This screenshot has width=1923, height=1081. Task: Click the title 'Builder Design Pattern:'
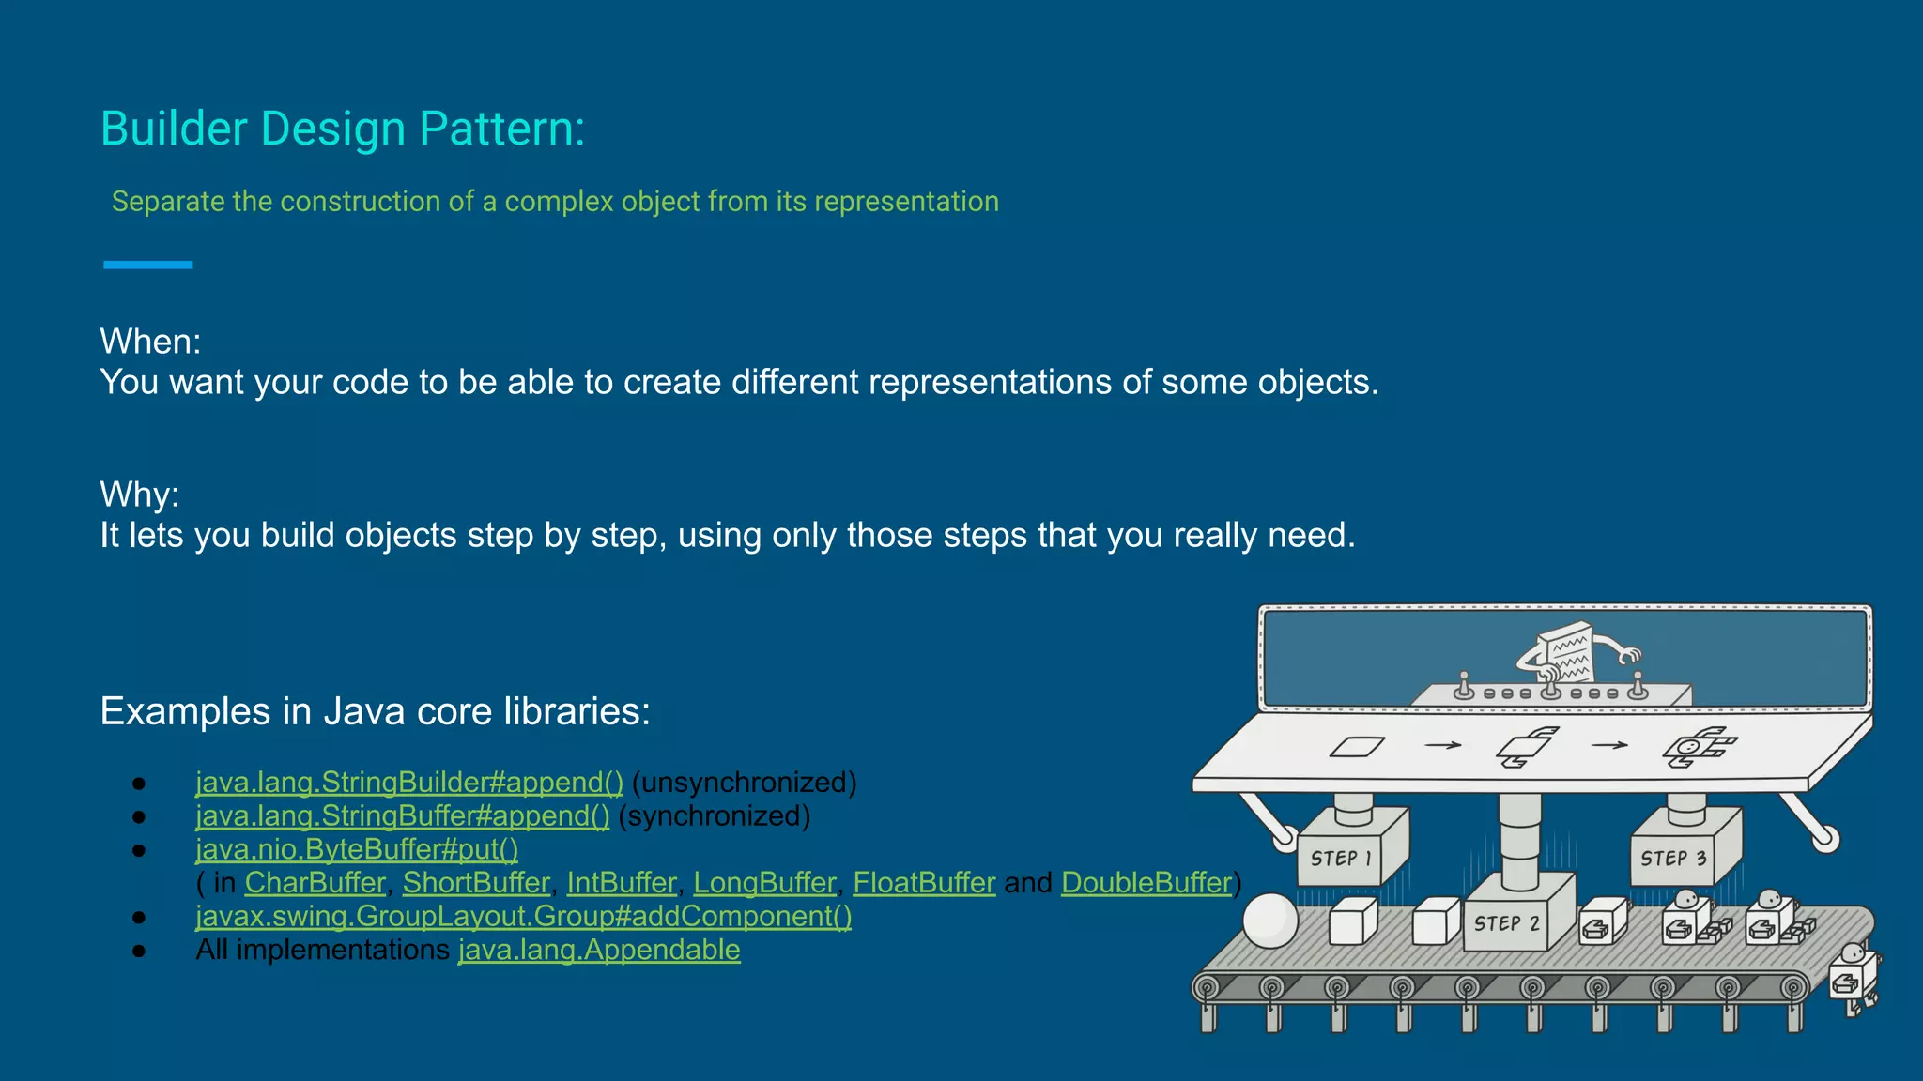tap(342, 129)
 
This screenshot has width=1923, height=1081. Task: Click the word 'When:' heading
tap(150, 342)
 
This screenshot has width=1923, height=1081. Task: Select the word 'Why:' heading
tap(139, 495)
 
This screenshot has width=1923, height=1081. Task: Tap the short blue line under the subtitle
tap(147, 265)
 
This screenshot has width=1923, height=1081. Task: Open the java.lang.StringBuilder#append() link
tap(408, 782)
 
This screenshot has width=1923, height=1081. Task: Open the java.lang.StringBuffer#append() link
tap(402, 815)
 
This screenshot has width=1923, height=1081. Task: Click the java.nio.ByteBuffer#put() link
tap(356, 849)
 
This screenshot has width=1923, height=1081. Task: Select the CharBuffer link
tap(315, 883)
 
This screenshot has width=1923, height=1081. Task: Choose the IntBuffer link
tap(621, 883)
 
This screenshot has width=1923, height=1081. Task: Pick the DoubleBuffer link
tap(1146, 883)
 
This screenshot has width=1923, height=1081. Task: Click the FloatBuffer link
tap(924, 883)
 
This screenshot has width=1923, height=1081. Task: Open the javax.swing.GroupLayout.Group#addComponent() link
tap(523, 916)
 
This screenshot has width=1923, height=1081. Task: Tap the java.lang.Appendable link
tap(599, 950)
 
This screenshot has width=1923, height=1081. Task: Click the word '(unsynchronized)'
tap(744, 782)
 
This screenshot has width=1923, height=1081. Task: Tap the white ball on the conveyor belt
tap(1269, 921)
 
